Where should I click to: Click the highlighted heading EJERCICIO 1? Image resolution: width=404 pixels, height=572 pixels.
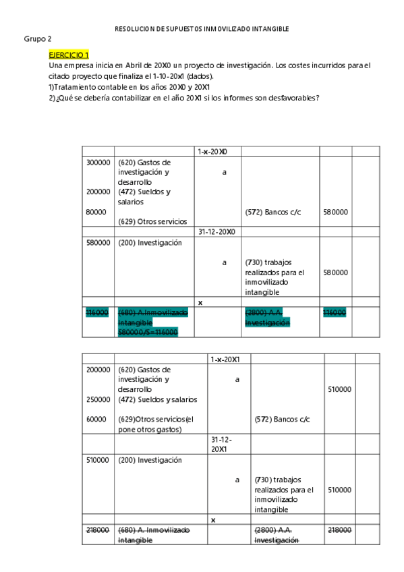point(68,54)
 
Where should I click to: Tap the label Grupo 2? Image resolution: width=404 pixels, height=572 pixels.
point(38,39)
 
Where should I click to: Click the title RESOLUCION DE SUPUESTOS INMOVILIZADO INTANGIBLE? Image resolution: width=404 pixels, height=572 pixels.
point(202,29)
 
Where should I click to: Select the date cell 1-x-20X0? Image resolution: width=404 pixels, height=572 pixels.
point(212,152)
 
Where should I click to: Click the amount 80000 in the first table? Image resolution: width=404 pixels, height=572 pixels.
point(96,212)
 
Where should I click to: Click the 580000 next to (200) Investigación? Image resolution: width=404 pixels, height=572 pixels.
point(98,243)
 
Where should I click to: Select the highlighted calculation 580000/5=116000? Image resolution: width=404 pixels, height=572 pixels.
point(148,333)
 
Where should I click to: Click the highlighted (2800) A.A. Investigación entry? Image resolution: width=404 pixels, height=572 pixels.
point(266,318)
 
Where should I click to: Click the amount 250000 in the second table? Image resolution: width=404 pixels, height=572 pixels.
point(98,399)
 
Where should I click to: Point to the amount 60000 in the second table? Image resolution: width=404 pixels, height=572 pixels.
point(96,419)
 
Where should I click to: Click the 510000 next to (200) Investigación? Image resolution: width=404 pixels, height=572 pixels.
point(98,460)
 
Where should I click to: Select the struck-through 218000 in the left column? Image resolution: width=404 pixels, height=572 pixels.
point(98,531)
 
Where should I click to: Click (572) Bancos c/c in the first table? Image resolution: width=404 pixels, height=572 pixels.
point(273,212)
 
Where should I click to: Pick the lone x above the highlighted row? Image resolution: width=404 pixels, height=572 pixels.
point(200,302)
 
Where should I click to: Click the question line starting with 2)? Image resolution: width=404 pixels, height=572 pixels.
point(184,97)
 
